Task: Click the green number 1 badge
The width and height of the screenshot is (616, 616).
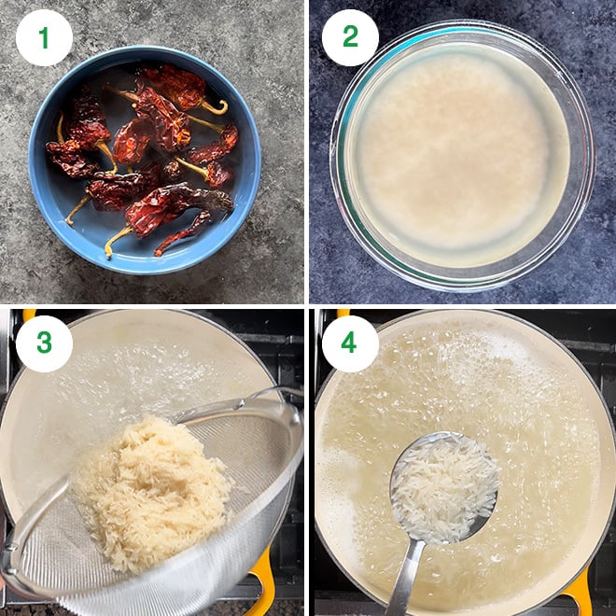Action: (x=44, y=37)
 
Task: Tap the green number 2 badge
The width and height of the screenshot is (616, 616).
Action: (x=350, y=37)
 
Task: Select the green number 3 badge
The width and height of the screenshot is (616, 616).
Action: (x=44, y=343)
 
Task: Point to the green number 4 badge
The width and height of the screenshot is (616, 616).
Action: (x=350, y=343)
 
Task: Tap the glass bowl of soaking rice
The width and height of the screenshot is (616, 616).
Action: (x=457, y=154)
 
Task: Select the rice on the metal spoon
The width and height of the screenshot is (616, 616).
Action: (x=443, y=485)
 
